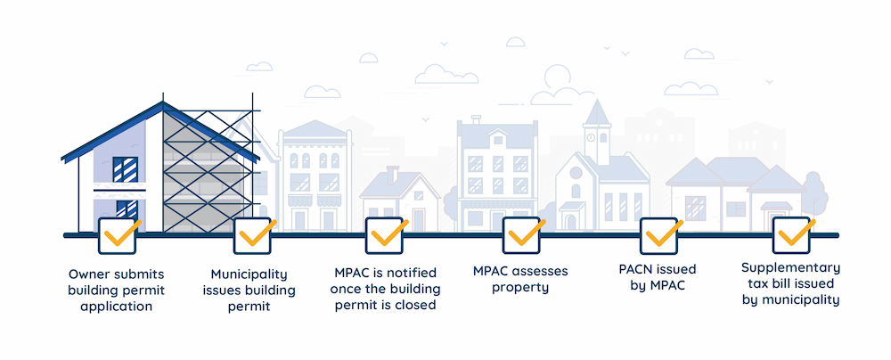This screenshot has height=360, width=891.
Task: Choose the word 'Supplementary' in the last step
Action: (791, 267)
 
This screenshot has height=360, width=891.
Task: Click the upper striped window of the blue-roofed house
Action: (125, 167)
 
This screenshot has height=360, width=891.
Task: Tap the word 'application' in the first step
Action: (116, 306)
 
